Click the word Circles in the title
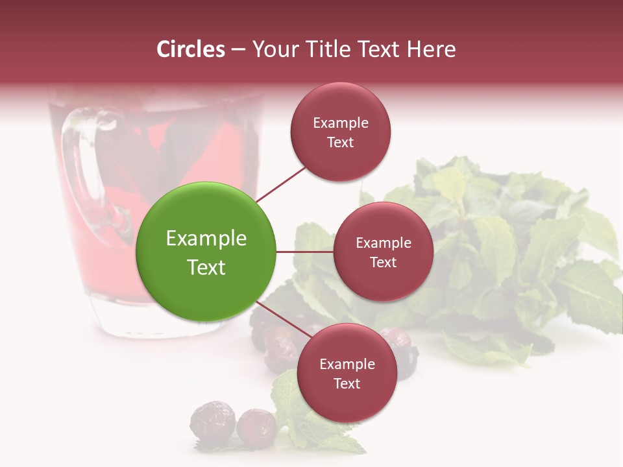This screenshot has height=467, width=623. pos(191,49)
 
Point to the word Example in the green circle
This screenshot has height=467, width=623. pos(206,239)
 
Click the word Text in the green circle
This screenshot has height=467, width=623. pos(206,267)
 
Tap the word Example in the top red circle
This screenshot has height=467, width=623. pos(341,123)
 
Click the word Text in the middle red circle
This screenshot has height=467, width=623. pos(383,263)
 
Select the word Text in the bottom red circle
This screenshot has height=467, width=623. pos(347,384)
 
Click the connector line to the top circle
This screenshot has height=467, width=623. pos(282,185)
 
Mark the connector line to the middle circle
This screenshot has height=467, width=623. pos(305,252)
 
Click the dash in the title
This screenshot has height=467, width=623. pos(238,50)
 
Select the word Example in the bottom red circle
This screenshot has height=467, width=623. pos(347,365)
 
